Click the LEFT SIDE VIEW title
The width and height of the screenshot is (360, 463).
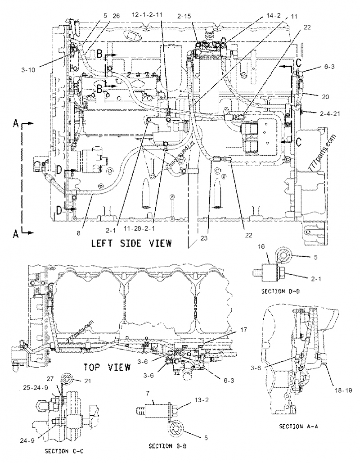point(131,244)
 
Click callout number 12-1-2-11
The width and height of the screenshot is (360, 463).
point(147,14)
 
